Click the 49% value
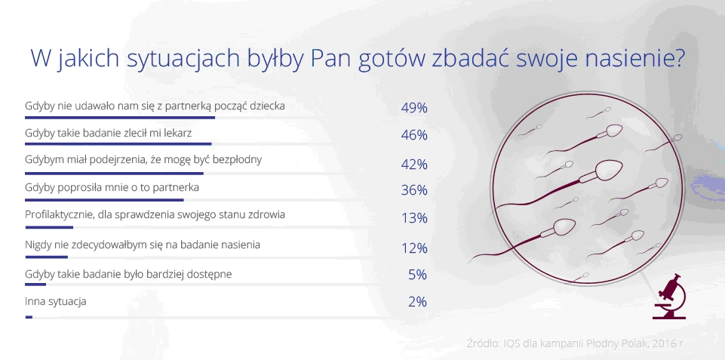click(414, 108)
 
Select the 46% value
click(414, 135)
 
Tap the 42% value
click(414, 164)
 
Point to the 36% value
click(414, 190)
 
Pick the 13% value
click(414, 219)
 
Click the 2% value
click(417, 302)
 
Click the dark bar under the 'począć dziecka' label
click(120, 117)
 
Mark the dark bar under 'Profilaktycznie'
click(49, 227)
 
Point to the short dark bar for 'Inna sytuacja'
click(29, 317)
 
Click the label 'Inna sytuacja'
click(56, 301)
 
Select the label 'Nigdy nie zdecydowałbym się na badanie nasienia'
click(143, 245)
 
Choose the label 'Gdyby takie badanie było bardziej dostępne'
click(138, 273)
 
